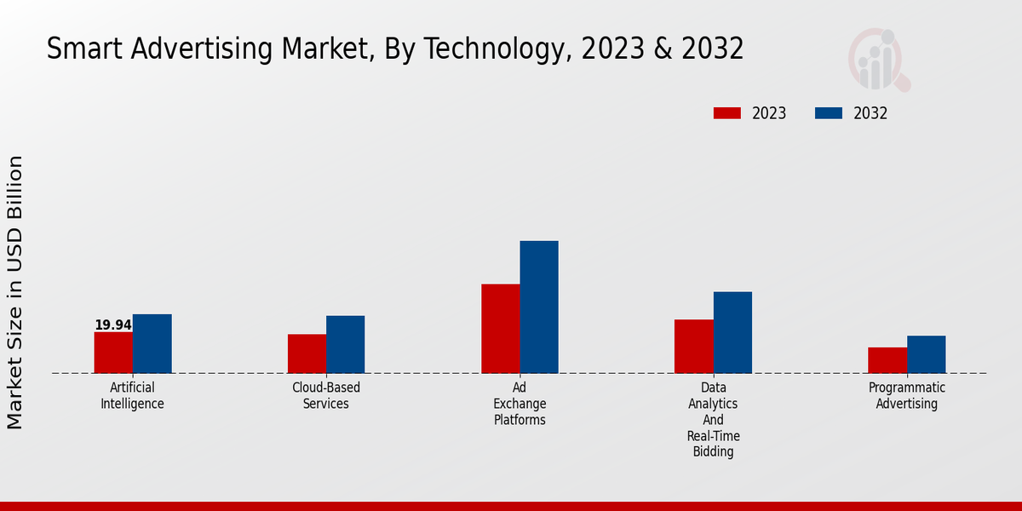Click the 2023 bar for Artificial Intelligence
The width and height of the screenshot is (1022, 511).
click(x=113, y=353)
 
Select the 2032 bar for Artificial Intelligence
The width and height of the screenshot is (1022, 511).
click(x=152, y=343)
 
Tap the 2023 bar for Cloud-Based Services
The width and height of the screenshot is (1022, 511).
click(x=307, y=353)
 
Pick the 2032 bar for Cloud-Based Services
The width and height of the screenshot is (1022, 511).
click(x=345, y=344)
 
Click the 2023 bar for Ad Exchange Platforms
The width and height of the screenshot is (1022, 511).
click(x=500, y=329)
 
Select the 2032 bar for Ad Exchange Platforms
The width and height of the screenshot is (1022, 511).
click(x=539, y=307)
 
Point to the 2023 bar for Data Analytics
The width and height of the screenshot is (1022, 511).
click(x=693, y=346)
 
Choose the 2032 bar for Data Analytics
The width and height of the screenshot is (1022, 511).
click(x=732, y=332)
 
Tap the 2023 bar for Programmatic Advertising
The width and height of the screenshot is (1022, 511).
click(x=887, y=360)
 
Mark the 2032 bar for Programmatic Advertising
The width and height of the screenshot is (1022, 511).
click(x=926, y=354)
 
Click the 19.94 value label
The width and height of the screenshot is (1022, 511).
click(x=113, y=325)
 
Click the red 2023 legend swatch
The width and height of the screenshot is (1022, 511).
click(x=727, y=113)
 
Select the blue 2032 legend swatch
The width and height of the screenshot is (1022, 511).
click(x=829, y=113)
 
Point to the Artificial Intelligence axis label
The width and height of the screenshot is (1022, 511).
click(x=132, y=396)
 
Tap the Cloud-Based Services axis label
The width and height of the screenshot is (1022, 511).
click(x=326, y=396)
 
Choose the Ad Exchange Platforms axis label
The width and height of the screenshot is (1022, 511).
click(x=520, y=404)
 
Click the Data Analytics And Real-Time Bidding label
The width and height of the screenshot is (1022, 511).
click(x=713, y=420)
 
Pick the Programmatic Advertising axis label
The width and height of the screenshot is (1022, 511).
click(x=907, y=396)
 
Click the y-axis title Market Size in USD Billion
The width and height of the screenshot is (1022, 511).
click(x=15, y=292)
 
